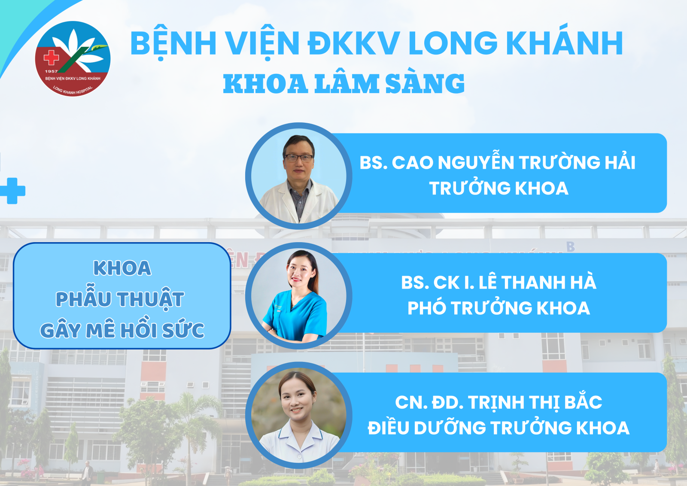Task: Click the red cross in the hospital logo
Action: [51, 58]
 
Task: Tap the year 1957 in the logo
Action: [51, 71]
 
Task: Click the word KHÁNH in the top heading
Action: [565, 43]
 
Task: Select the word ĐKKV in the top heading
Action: [354, 43]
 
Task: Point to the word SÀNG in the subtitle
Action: [425, 83]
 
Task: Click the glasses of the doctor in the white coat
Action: [298, 158]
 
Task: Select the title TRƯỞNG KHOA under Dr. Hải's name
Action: [499, 188]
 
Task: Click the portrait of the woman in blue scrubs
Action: [299, 295]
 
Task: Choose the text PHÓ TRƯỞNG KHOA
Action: [499, 308]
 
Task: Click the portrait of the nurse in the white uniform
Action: [299, 415]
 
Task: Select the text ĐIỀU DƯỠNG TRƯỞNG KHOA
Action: [499, 428]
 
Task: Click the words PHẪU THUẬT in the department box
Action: [120, 299]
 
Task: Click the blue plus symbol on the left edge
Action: [12, 191]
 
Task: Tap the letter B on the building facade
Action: [571, 246]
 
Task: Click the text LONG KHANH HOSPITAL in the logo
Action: [73, 90]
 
